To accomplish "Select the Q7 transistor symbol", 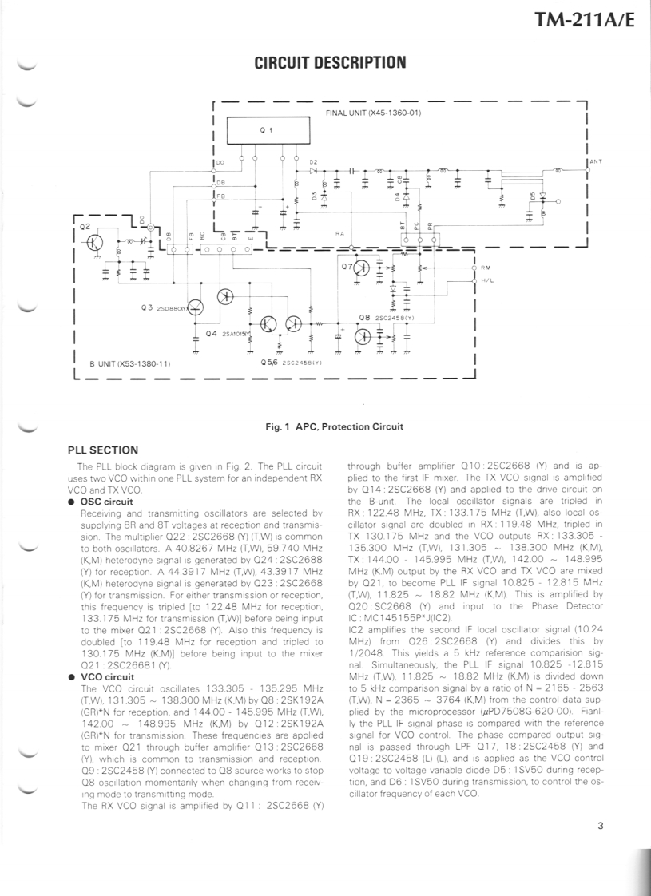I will pyautogui.click(x=363, y=268).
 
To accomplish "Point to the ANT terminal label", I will pyautogui.click(x=596, y=161).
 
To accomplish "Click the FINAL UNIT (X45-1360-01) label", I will pyautogui.click(x=373, y=113).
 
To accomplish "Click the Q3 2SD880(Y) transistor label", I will pyautogui.click(x=161, y=307).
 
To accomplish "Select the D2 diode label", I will pyautogui.click(x=314, y=161).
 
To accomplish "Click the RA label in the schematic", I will pyautogui.click(x=339, y=233).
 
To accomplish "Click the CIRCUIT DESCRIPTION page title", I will pyautogui.click(x=330, y=62).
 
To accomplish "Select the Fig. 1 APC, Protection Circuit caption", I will pyautogui.click(x=334, y=426).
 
